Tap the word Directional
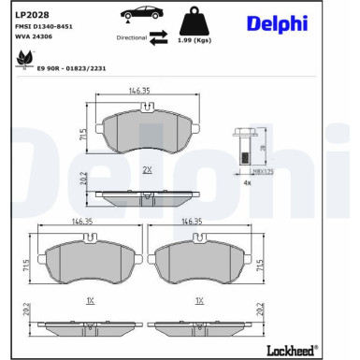point(132,38)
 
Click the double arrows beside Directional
point(159,36)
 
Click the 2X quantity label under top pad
point(147,169)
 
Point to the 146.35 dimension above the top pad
point(140,91)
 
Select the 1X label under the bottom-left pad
point(89,302)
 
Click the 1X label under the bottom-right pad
point(197,302)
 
